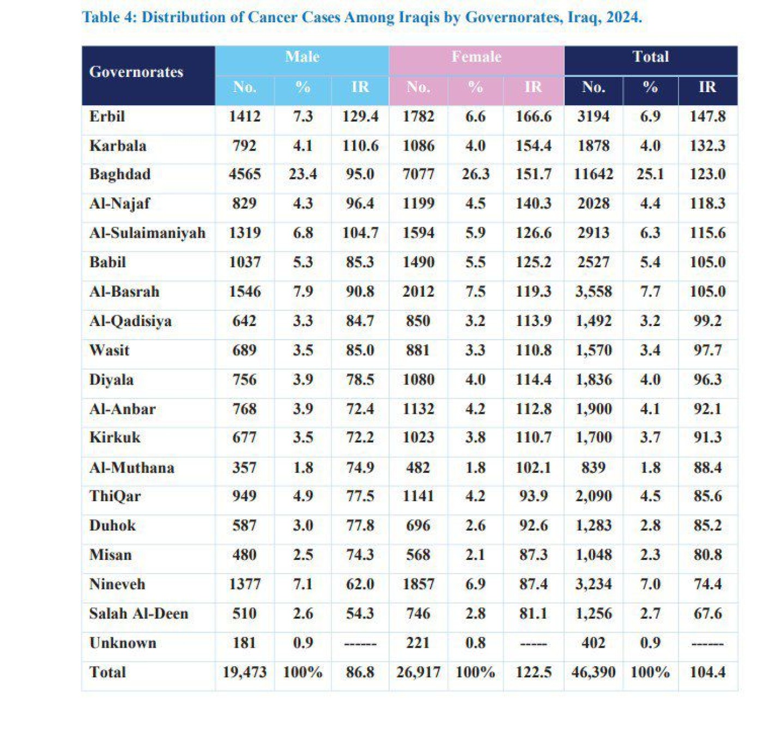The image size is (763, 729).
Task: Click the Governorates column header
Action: (136, 72)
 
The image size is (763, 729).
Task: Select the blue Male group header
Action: (302, 57)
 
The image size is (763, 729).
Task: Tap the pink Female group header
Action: (476, 57)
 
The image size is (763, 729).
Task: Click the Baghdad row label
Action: (120, 174)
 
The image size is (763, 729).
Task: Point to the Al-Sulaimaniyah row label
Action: (147, 233)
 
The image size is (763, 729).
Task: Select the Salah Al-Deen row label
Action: (138, 613)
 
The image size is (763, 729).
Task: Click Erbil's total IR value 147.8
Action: (707, 116)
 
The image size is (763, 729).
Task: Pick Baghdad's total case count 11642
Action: (593, 174)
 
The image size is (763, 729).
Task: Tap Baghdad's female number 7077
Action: (418, 174)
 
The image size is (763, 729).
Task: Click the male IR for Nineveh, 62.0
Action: (360, 584)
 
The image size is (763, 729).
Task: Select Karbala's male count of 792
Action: (244, 146)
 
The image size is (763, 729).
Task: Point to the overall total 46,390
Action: (593, 672)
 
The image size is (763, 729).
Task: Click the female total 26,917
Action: (418, 672)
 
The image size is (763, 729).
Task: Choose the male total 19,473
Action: (244, 672)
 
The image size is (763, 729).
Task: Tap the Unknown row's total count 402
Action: (593, 643)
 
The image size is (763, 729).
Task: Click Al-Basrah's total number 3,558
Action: (593, 292)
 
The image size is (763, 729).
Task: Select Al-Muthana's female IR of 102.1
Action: (533, 467)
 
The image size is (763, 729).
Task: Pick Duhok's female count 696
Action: (418, 526)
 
